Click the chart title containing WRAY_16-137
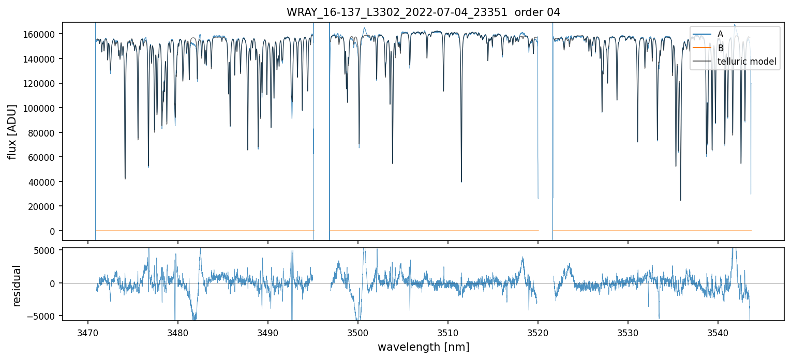[x=423, y=12]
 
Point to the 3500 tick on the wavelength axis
[x=357, y=331]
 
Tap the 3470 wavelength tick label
[x=87, y=331]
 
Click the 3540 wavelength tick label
[x=718, y=331]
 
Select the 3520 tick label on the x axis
[x=537, y=331]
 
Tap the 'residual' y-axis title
[x=17, y=286]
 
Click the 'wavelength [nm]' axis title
[x=423, y=347]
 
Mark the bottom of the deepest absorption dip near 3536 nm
[x=680, y=200]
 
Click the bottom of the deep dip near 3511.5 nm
[x=461, y=182]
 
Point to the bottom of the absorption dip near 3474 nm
[x=125, y=179]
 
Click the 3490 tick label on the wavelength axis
[x=267, y=331]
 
